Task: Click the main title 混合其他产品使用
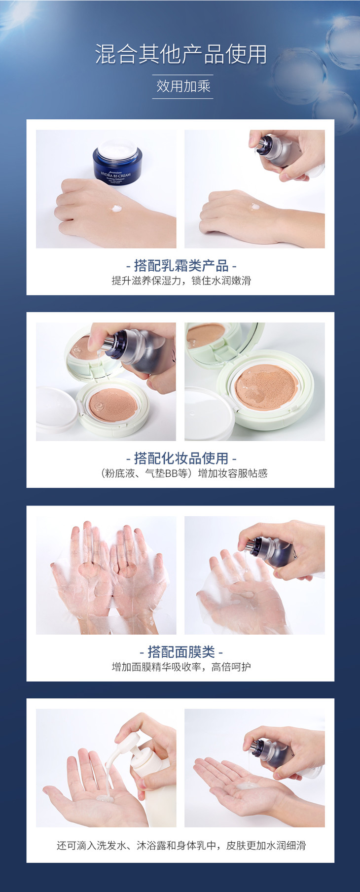tap(181, 54)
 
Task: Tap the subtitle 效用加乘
tap(183, 86)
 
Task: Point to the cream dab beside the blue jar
tap(116, 208)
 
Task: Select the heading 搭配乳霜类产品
tap(181, 266)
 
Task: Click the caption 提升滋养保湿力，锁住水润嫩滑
tap(181, 281)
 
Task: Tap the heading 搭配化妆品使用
tap(181, 459)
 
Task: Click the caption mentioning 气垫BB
tap(183, 473)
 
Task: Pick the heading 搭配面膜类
tap(181, 652)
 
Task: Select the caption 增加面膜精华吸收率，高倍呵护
tap(181, 667)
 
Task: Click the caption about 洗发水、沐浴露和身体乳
tap(181, 846)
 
